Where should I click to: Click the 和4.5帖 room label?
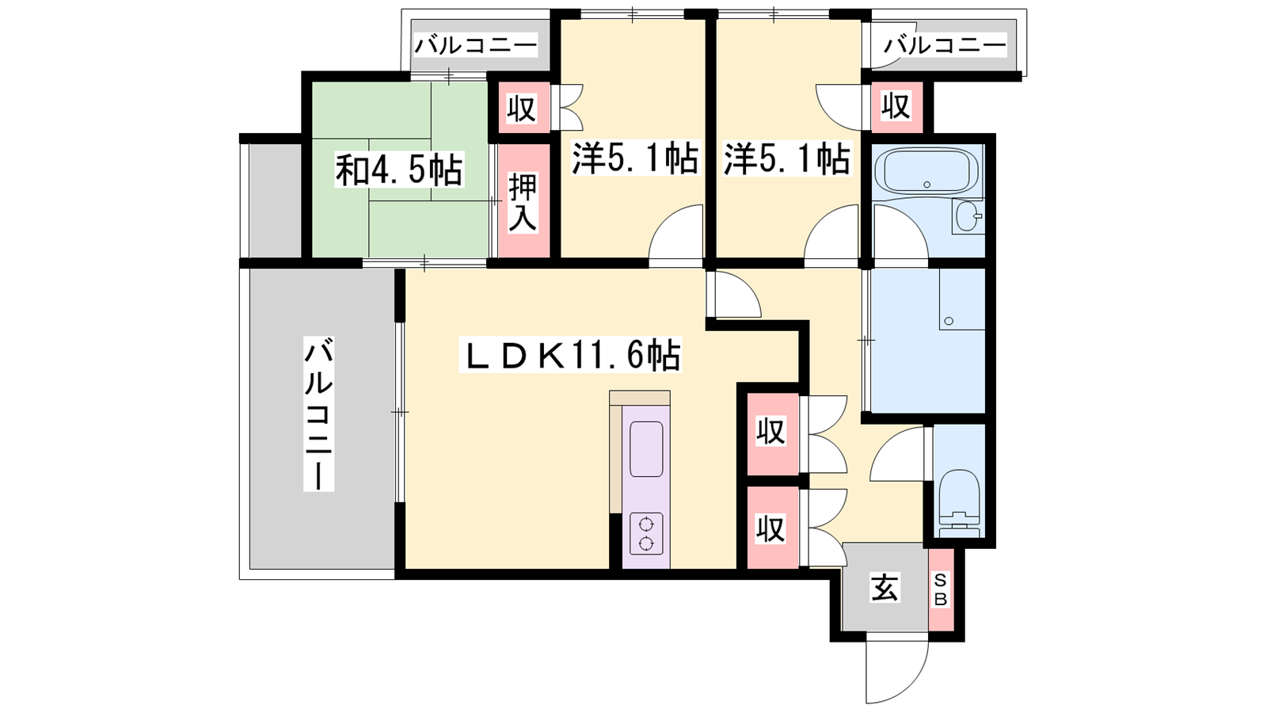pos(399,170)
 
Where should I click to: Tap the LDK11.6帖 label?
pos(570,355)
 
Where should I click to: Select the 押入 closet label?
pos(522,201)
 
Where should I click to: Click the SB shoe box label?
pos(940,589)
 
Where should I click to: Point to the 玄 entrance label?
pos(884,587)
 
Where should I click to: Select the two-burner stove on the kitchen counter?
pos(646,533)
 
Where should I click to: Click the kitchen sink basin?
pos(646,449)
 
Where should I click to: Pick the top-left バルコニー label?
pos(476,44)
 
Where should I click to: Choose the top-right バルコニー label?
pos(945,44)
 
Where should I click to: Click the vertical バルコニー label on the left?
pos(318,413)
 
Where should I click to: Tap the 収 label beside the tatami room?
pos(521,108)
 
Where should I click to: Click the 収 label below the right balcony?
pos(896,106)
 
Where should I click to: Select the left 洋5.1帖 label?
pos(634,158)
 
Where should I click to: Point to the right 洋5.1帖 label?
pos(787,158)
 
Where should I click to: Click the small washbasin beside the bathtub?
pos(968,215)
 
